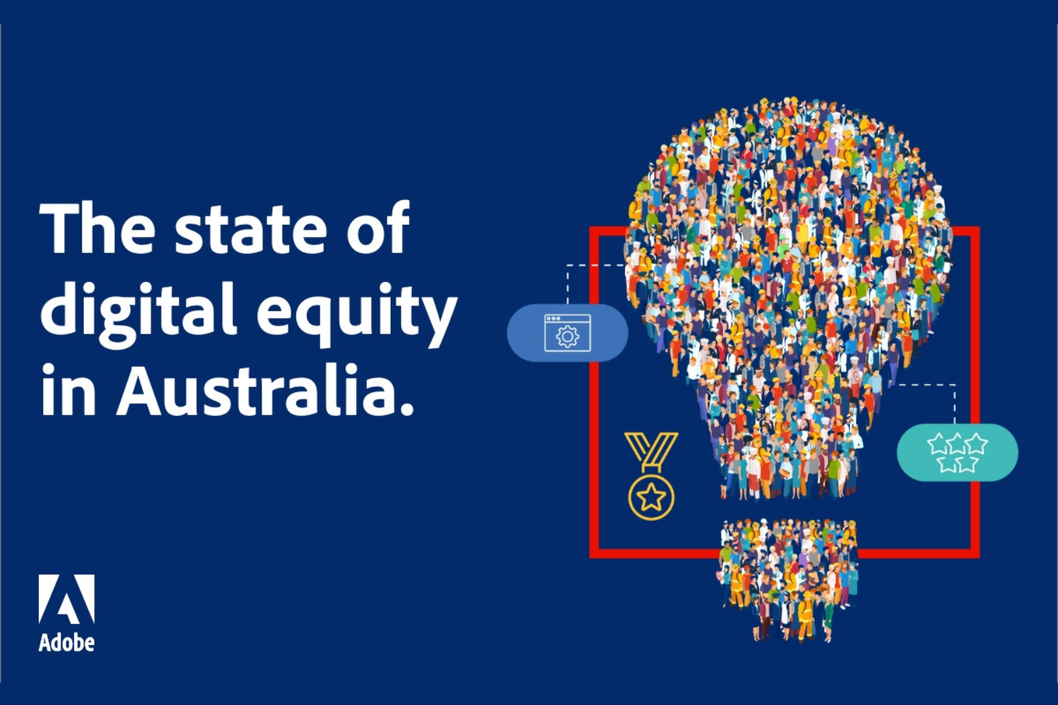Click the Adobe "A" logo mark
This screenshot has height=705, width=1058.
tap(66, 599)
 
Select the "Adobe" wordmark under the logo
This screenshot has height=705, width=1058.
tap(66, 642)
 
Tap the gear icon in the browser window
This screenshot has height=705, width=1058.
tap(567, 337)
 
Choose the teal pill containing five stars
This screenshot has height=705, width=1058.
tap(957, 453)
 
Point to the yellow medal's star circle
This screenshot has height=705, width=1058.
tap(651, 497)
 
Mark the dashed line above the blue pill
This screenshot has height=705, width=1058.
tap(568, 282)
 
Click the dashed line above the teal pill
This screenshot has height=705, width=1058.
tap(954, 402)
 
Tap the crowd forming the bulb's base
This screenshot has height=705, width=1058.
tap(789, 578)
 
